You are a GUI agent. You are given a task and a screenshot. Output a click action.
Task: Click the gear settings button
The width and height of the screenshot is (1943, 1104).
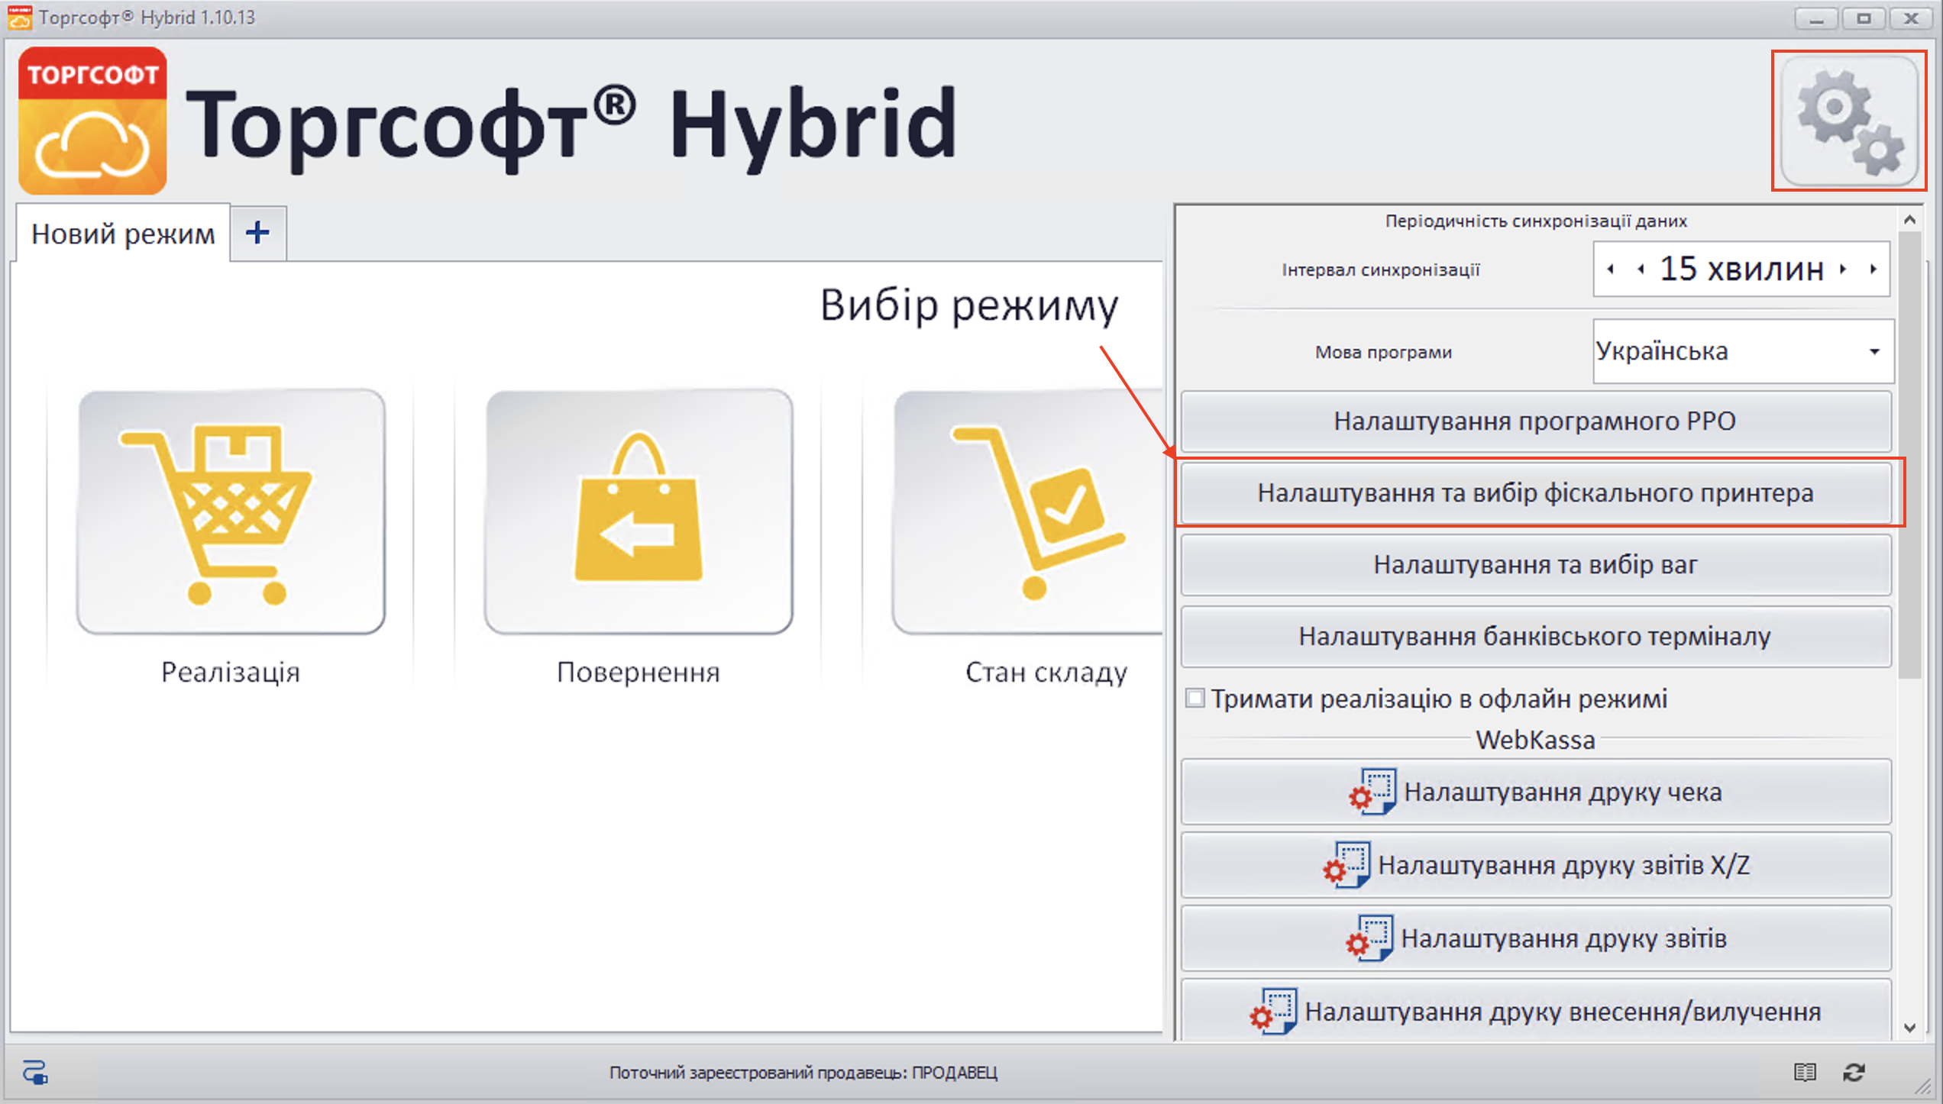pyautogui.click(x=1848, y=121)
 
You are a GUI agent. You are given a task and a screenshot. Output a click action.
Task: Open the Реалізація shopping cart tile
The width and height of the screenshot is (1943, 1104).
pyautogui.click(x=231, y=512)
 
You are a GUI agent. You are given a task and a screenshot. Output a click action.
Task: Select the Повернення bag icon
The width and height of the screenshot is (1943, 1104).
pyautogui.click(x=639, y=512)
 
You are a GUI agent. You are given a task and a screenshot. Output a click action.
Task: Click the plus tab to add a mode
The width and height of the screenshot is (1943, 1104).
pyautogui.click(x=258, y=232)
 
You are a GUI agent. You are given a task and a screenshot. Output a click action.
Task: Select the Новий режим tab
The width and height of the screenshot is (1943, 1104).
pyautogui.click(x=122, y=234)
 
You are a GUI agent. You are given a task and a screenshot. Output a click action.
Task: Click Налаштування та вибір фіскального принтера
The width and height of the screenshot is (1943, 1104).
pyautogui.click(x=1535, y=493)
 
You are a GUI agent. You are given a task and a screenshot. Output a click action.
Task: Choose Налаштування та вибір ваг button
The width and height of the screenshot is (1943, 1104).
pyautogui.click(x=1535, y=565)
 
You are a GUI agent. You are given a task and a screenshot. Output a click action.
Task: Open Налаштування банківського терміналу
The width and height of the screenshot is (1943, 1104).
pyautogui.click(x=1535, y=637)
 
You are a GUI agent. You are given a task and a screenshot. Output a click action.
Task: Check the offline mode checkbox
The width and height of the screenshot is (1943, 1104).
pyautogui.click(x=1195, y=698)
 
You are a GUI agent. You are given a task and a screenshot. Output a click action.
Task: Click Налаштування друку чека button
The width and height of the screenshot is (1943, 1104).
pyautogui.click(x=1535, y=792)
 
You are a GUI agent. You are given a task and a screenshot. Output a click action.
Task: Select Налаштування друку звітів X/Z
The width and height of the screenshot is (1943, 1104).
pyautogui.click(x=1535, y=865)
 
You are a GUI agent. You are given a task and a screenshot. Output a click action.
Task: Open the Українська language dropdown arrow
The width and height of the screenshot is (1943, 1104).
pyautogui.click(x=1874, y=351)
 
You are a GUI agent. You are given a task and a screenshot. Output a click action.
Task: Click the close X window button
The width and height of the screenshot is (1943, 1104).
pyautogui.click(x=1911, y=18)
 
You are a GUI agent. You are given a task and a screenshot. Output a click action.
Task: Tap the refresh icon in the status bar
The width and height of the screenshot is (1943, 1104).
pyautogui.click(x=1854, y=1072)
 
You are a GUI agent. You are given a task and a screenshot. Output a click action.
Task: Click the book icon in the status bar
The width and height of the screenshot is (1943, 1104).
pyautogui.click(x=1805, y=1072)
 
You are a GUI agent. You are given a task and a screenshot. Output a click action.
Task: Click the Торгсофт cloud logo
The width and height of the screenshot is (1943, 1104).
pyautogui.click(x=92, y=121)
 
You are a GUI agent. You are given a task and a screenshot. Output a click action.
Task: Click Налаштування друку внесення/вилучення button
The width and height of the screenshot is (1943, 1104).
pyautogui.click(x=1535, y=1012)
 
